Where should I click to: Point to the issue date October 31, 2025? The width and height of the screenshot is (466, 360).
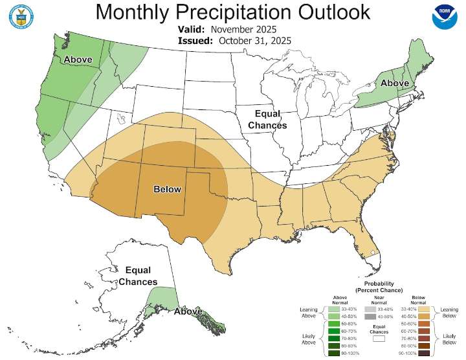pos(254,40)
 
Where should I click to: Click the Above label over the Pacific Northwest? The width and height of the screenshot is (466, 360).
pos(77,60)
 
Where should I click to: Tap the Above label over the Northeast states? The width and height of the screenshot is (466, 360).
pos(394,84)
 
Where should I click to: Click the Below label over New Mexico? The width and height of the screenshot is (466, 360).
pos(167,189)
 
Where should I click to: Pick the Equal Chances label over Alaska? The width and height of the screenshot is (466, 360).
pos(137,276)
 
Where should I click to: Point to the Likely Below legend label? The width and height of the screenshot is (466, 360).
pos(449,337)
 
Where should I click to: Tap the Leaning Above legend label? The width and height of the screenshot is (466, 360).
pos(308,313)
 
